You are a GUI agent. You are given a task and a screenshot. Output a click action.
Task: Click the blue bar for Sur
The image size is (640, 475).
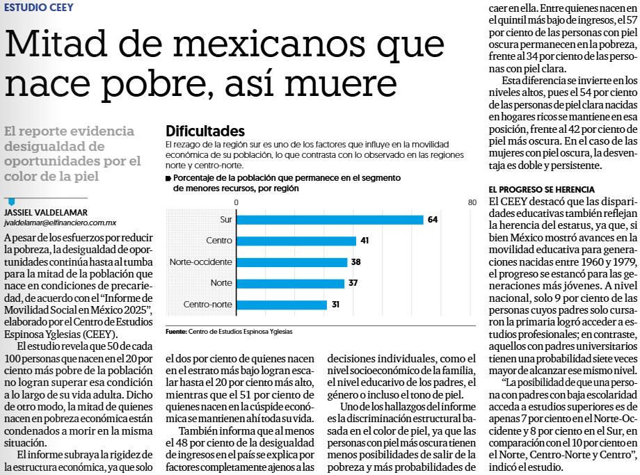point(330,220)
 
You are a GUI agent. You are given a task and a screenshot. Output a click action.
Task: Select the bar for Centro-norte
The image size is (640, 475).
point(282,305)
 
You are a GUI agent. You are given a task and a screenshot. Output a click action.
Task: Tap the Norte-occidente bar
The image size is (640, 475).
point(292,262)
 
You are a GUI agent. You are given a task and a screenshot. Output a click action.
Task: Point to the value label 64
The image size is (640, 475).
point(433,220)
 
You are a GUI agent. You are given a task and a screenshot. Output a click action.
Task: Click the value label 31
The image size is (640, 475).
point(335,305)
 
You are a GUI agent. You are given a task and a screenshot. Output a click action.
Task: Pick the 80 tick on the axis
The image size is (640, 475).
point(472,202)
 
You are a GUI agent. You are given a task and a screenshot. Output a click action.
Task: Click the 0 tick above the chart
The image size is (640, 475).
point(237,202)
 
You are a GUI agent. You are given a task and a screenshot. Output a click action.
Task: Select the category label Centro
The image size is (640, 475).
point(218,241)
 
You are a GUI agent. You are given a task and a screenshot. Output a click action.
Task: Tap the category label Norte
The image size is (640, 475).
point(221,283)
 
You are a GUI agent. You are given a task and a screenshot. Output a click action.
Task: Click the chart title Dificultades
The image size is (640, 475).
point(205,131)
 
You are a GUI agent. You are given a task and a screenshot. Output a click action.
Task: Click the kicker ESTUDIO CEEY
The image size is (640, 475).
point(39,8)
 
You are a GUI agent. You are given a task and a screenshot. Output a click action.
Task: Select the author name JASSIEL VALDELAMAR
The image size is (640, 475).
point(46,213)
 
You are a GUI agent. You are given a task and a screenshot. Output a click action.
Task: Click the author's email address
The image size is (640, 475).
point(61,223)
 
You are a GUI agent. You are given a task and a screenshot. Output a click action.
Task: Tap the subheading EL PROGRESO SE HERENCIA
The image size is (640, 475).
point(542,189)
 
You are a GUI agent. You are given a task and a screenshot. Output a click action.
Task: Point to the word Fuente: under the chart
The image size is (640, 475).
point(176,332)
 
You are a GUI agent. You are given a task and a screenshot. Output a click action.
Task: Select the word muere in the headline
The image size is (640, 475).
point(340,83)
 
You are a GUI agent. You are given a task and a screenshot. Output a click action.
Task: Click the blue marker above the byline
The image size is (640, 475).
point(11,202)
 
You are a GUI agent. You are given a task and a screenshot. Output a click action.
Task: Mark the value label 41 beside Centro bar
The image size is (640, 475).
point(365,241)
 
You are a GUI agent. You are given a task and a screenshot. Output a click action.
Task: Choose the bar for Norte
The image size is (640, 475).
point(291,283)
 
